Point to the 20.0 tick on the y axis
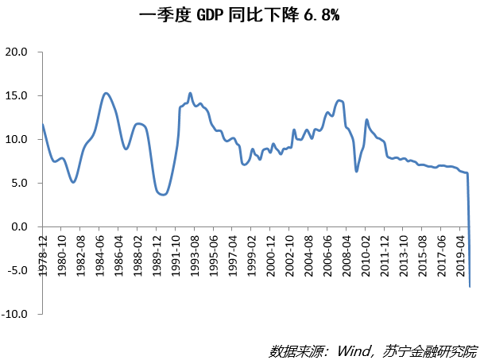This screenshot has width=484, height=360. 17,52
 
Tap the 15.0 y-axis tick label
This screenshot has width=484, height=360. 17,96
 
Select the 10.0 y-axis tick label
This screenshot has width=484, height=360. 17,140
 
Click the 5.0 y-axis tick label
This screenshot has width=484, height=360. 19,184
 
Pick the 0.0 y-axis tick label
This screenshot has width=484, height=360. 19,227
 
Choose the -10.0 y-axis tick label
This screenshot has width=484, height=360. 15,315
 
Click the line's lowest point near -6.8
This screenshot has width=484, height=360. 470,286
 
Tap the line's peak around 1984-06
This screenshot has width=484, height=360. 106,93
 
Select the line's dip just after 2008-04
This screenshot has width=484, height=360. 357,171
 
